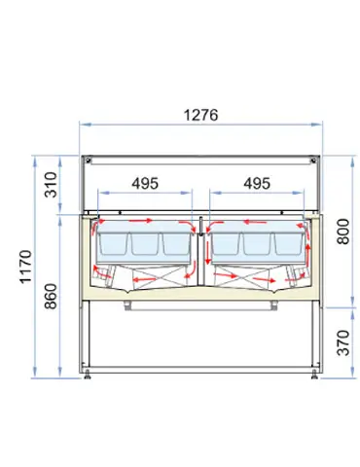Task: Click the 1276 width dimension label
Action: [x=200, y=115]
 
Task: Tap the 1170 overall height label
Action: [x=25, y=267]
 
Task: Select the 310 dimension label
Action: [x=51, y=185]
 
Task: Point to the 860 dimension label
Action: [x=51, y=296]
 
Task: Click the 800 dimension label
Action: [x=343, y=232]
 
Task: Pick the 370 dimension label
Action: [x=343, y=342]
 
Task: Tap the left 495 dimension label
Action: [x=145, y=184]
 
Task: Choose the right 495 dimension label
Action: [x=257, y=184]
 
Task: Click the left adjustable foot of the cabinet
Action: [x=87, y=375]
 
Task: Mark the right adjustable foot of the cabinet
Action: [x=314, y=375]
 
